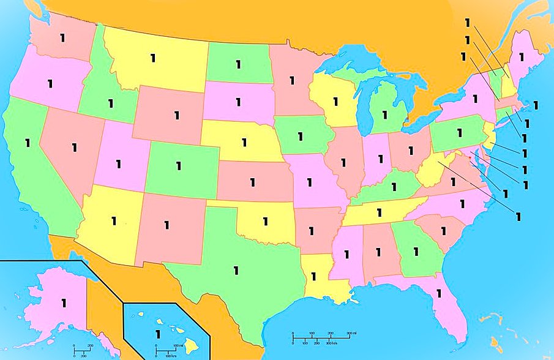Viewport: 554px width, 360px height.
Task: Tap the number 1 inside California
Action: pyautogui.click(x=27, y=143)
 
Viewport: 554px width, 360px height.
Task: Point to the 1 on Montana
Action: pyautogui.click(x=153, y=58)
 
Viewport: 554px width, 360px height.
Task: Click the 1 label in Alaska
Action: pyautogui.click(x=63, y=302)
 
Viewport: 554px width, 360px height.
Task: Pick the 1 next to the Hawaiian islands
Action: pyautogui.click(x=158, y=334)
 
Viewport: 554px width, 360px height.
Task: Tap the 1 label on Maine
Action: pyautogui.click(x=521, y=56)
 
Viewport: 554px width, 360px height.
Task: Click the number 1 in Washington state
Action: pyautogui.click(x=62, y=37)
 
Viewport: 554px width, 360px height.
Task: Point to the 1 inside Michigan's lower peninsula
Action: pyautogui.click(x=385, y=114)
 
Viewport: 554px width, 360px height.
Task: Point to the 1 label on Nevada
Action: pyautogui.click(x=73, y=147)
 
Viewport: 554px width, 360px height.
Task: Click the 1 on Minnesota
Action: pyautogui.click(x=292, y=80)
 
